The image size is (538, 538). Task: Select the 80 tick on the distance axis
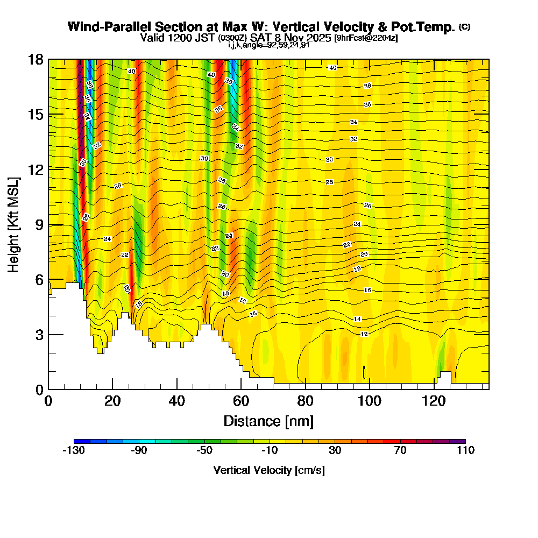tap(306, 401)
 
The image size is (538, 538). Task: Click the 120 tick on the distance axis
tap(434, 401)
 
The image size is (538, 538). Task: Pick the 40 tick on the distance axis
tap(177, 401)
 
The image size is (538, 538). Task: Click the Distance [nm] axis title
tap(268, 420)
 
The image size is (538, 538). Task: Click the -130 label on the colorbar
tap(74, 451)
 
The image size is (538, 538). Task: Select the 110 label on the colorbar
tap(465, 451)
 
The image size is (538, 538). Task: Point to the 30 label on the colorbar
tap(335, 451)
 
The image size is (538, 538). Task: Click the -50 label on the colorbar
tap(204, 451)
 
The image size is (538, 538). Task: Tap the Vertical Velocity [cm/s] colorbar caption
tap(269, 470)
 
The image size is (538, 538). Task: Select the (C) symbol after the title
tap(465, 27)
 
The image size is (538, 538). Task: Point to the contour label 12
tap(364, 334)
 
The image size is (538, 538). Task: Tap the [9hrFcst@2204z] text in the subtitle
tap(366, 38)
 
